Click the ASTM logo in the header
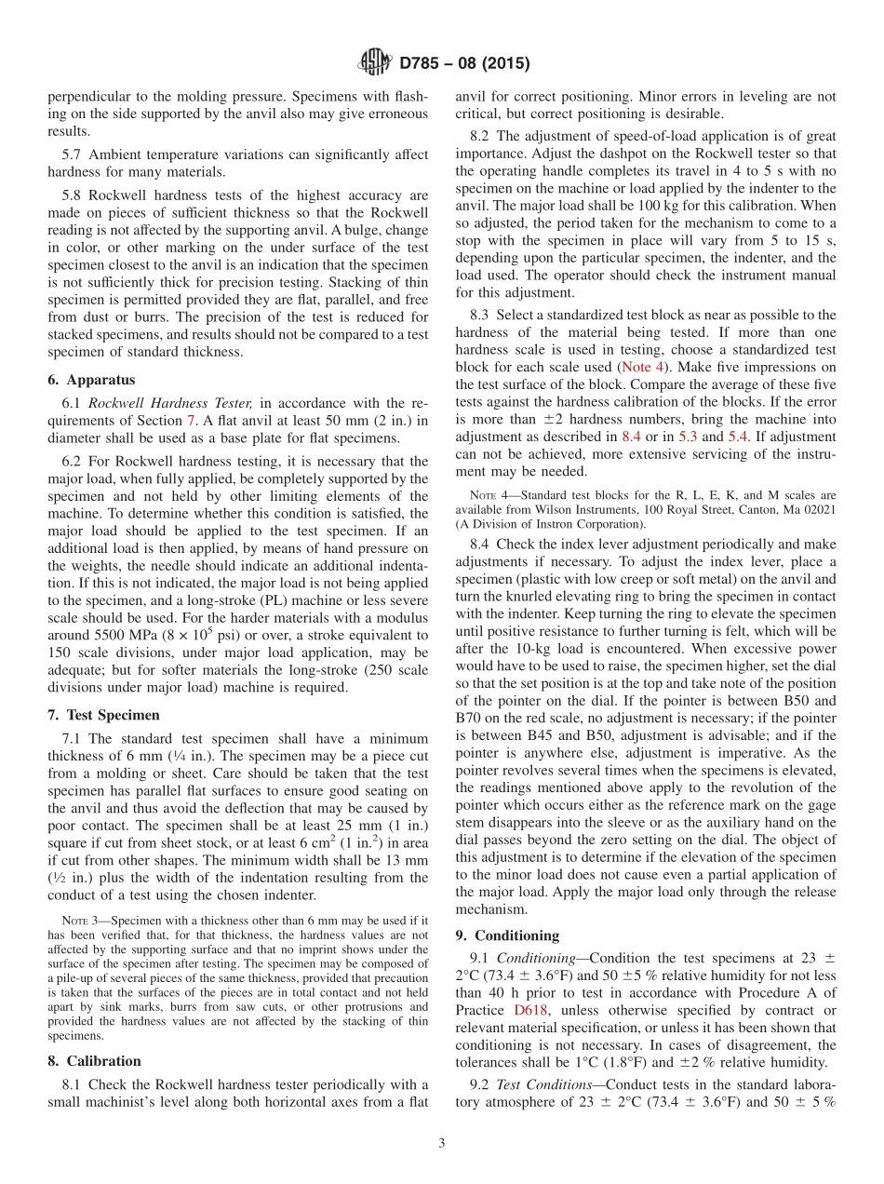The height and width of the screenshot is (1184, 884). (x=374, y=63)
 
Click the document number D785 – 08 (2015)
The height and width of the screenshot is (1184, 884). (x=464, y=64)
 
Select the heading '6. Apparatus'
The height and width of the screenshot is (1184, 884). (x=91, y=380)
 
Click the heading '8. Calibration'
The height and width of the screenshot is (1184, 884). (x=94, y=1061)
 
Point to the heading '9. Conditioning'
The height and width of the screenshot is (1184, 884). (x=507, y=935)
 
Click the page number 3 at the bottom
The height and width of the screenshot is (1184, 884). (x=442, y=1144)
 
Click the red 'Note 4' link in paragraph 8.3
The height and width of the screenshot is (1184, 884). (x=642, y=367)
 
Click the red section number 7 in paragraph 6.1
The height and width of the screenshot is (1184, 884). (x=192, y=421)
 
